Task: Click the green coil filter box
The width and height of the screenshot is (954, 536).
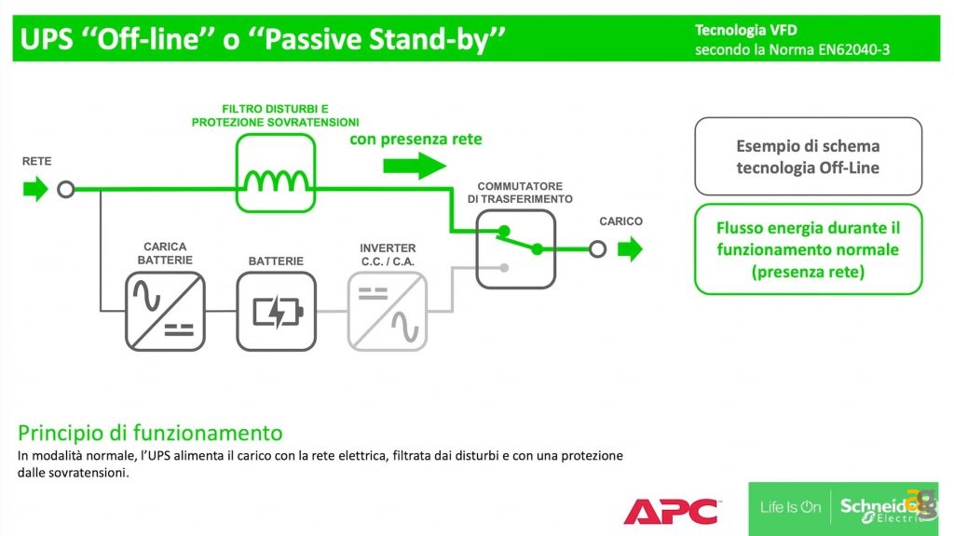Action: pos(275,172)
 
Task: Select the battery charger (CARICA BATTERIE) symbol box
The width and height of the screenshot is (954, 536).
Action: pos(165,311)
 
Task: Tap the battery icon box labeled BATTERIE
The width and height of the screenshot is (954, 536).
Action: pos(276,311)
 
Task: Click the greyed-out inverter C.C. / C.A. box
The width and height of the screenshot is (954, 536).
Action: pos(388,311)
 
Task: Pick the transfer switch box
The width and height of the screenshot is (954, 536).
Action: pos(516,248)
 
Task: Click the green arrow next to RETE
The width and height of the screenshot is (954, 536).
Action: pos(34,190)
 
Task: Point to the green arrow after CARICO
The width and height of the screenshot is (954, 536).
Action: pos(631,248)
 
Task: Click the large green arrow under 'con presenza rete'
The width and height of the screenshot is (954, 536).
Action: pos(415,166)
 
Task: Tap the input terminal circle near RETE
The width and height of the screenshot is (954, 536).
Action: pos(65,190)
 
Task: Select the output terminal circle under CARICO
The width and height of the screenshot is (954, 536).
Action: pos(597,248)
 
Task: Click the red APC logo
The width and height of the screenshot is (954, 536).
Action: pos(671,511)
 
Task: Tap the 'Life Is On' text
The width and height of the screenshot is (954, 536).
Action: pos(790,507)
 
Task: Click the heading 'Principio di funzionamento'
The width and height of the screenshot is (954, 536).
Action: pos(150,433)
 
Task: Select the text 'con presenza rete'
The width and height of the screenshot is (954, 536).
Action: pos(416,140)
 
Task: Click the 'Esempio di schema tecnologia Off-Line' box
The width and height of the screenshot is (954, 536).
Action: pos(808,156)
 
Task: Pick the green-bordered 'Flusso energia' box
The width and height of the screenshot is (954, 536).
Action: pos(808,249)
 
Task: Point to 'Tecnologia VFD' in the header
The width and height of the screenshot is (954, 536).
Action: pos(745,31)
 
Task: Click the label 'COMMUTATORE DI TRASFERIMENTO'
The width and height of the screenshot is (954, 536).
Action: pos(519,193)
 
